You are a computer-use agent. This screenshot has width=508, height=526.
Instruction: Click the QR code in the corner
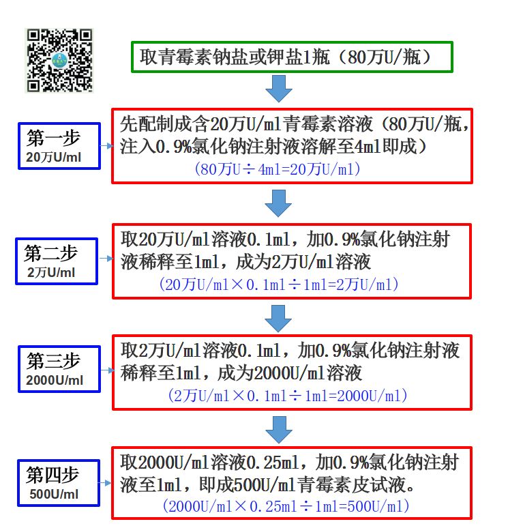tap(60, 60)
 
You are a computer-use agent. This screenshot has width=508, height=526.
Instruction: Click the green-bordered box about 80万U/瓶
tap(292, 57)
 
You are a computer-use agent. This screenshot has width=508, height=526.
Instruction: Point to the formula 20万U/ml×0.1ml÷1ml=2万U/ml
tap(279, 284)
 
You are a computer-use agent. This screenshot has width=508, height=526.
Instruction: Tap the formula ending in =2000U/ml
tap(286, 395)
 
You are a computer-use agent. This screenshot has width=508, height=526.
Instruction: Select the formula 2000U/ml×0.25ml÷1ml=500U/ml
tap(286, 506)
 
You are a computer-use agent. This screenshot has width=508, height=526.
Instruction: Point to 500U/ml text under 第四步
tap(55, 494)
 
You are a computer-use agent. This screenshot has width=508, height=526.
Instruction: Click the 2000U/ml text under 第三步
tap(55, 381)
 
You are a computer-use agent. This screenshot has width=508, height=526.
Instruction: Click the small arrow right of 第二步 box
tap(106, 259)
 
